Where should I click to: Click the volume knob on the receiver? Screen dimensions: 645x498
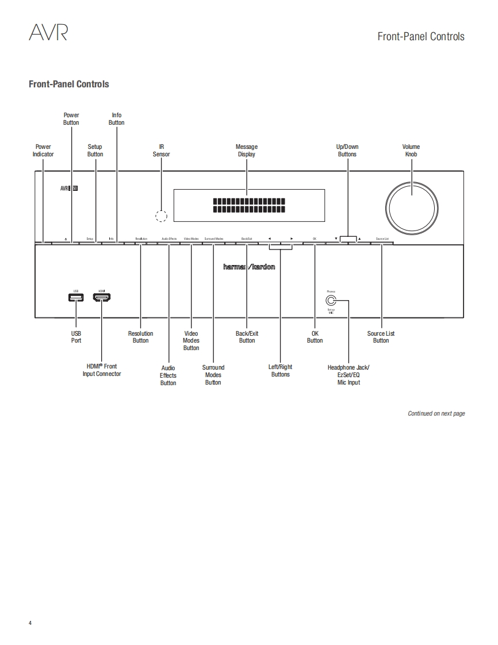pyautogui.click(x=412, y=204)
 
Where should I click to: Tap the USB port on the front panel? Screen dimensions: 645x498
pyautogui.click(x=75, y=297)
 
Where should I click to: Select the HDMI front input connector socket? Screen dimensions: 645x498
pyautogui.click(x=102, y=297)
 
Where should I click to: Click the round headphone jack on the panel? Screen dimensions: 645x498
pyautogui.click(x=331, y=300)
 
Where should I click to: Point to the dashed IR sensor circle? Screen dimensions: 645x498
pyautogui.click(x=162, y=216)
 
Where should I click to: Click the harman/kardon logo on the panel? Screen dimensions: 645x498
pyautogui.click(x=249, y=267)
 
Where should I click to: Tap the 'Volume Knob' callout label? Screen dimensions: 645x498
pyautogui.click(x=411, y=151)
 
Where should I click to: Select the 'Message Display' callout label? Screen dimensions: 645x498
pyautogui.click(x=247, y=151)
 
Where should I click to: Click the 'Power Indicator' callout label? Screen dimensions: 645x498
pyautogui.click(x=43, y=151)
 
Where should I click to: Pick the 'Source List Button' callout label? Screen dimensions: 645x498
pyautogui.click(x=381, y=337)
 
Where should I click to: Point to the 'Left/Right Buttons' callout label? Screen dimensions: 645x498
pyautogui.click(x=281, y=371)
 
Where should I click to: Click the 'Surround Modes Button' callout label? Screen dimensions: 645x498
pyautogui.click(x=213, y=375)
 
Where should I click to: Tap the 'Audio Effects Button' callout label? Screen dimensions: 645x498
pyautogui.click(x=168, y=375)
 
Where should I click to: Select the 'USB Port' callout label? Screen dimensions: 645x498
pyautogui.click(x=76, y=337)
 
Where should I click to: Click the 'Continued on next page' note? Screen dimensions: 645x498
pyautogui.click(x=436, y=413)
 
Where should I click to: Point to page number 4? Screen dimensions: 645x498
pyautogui.click(x=30, y=623)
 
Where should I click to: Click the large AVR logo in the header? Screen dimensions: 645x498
pyautogui.click(x=48, y=33)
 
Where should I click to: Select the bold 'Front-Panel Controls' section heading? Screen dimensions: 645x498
pyautogui.click(x=69, y=84)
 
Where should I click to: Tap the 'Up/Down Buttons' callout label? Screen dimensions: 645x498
pyautogui.click(x=347, y=151)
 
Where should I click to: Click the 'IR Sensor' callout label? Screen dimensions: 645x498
pyautogui.click(x=162, y=151)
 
